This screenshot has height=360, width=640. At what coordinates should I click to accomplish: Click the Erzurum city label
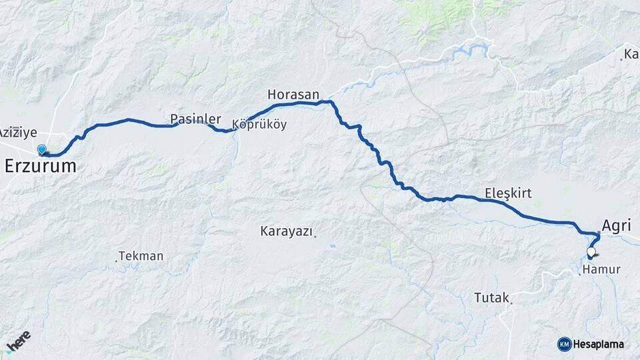(40, 167)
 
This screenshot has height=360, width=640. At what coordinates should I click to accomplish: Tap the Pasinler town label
(195, 119)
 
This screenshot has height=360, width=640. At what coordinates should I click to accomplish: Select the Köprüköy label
(259, 125)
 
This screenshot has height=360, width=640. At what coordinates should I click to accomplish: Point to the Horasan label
(293, 94)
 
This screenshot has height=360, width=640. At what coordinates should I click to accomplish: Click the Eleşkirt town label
(508, 193)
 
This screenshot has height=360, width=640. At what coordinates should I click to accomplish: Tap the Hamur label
(601, 270)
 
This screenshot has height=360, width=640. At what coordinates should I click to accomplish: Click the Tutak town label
(491, 297)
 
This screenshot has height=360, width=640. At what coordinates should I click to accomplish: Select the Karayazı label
(286, 231)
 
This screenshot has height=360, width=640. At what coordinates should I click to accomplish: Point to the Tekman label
(141, 256)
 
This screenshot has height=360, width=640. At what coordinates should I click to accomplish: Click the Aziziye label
(18, 132)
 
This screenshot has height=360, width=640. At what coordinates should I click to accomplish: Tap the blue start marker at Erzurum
(42, 150)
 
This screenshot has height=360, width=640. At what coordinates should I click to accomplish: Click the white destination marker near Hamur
(591, 253)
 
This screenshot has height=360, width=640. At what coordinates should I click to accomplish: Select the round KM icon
(564, 344)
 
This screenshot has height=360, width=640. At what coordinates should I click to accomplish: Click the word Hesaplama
(599, 344)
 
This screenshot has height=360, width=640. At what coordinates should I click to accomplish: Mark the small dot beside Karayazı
(315, 234)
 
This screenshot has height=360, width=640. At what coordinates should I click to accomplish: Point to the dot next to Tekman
(116, 260)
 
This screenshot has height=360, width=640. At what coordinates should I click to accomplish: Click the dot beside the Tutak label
(511, 304)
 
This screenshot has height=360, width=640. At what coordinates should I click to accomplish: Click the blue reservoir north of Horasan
(471, 51)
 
